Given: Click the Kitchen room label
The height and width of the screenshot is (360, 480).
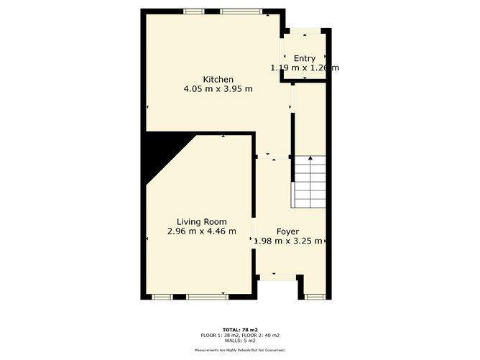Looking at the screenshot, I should (x=218, y=79).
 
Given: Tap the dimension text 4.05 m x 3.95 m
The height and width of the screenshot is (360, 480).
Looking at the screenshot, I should (x=218, y=89).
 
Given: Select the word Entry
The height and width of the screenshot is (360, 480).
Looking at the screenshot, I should (x=305, y=58).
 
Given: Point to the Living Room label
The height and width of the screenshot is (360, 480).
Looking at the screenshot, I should (x=202, y=221).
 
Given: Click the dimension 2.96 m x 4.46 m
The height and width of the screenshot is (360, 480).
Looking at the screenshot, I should (x=202, y=231).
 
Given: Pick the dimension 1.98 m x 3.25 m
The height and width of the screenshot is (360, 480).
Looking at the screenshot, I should (x=291, y=241).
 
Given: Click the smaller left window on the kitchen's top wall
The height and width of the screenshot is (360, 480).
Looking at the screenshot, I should (x=193, y=11).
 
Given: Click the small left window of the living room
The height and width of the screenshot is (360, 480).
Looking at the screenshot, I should (x=162, y=295).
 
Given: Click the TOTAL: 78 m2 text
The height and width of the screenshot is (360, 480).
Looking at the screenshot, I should (x=240, y=330).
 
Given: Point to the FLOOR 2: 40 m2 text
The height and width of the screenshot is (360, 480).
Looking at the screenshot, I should (x=262, y=336).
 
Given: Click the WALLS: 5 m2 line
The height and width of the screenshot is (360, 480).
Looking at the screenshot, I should (x=240, y=341).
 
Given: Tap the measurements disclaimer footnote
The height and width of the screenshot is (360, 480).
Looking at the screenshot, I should (x=240, y=350).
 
